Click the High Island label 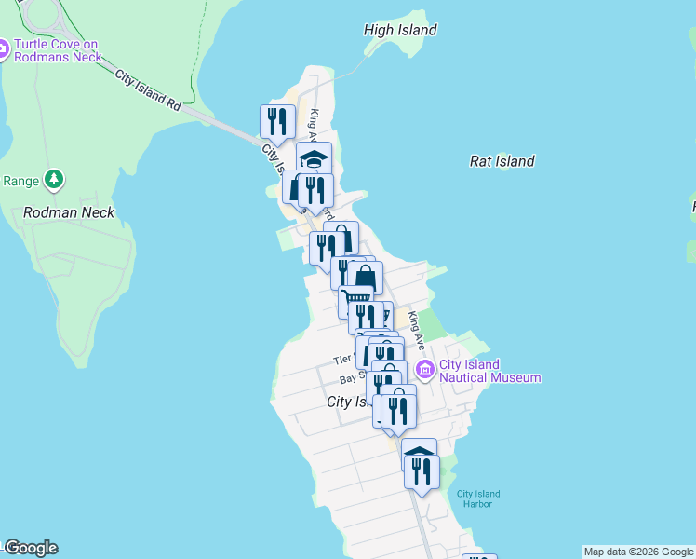coord(400,30)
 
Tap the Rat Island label coord(502,161)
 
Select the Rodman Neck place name coord(68,212)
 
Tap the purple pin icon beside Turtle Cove coord(3,49)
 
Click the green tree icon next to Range coord(54,178)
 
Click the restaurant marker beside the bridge coord(277,122)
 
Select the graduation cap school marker coord(315,157)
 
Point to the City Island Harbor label coord(478,498)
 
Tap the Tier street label coord(341,360)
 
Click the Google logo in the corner coord(31,548)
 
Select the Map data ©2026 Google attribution coord(638,552)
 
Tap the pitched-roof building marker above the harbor coord(420,454)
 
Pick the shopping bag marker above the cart coord(366,278)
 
